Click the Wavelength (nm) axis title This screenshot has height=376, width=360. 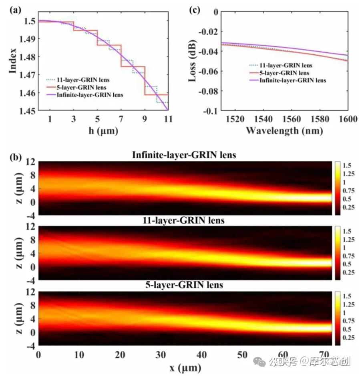point(284,130)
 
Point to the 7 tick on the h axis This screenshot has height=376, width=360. point(121,119)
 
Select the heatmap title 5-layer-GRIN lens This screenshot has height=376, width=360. point(184,285)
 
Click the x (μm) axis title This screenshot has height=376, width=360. point(184,367)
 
